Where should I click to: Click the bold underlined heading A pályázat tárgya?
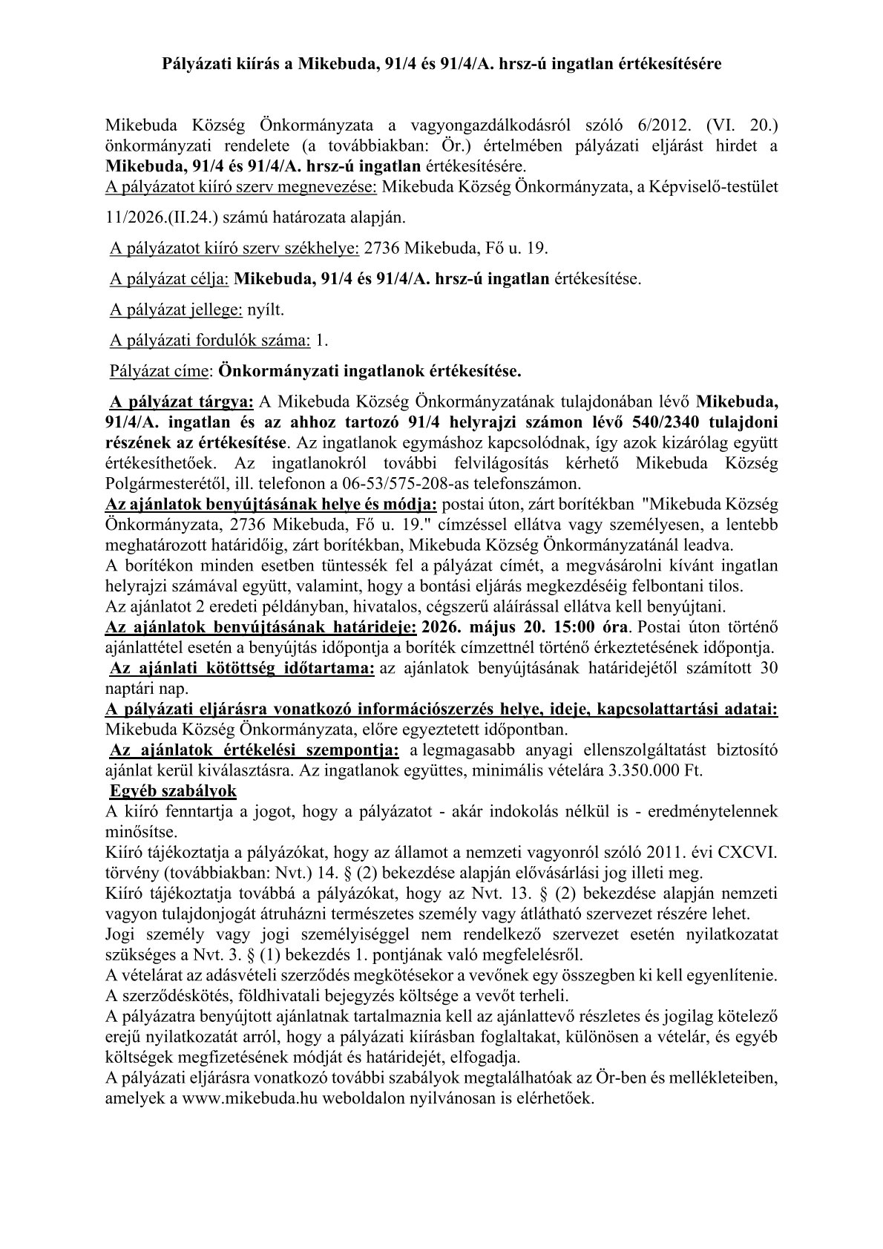tap(182, 402)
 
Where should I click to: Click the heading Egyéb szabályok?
tap(173, 790)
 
